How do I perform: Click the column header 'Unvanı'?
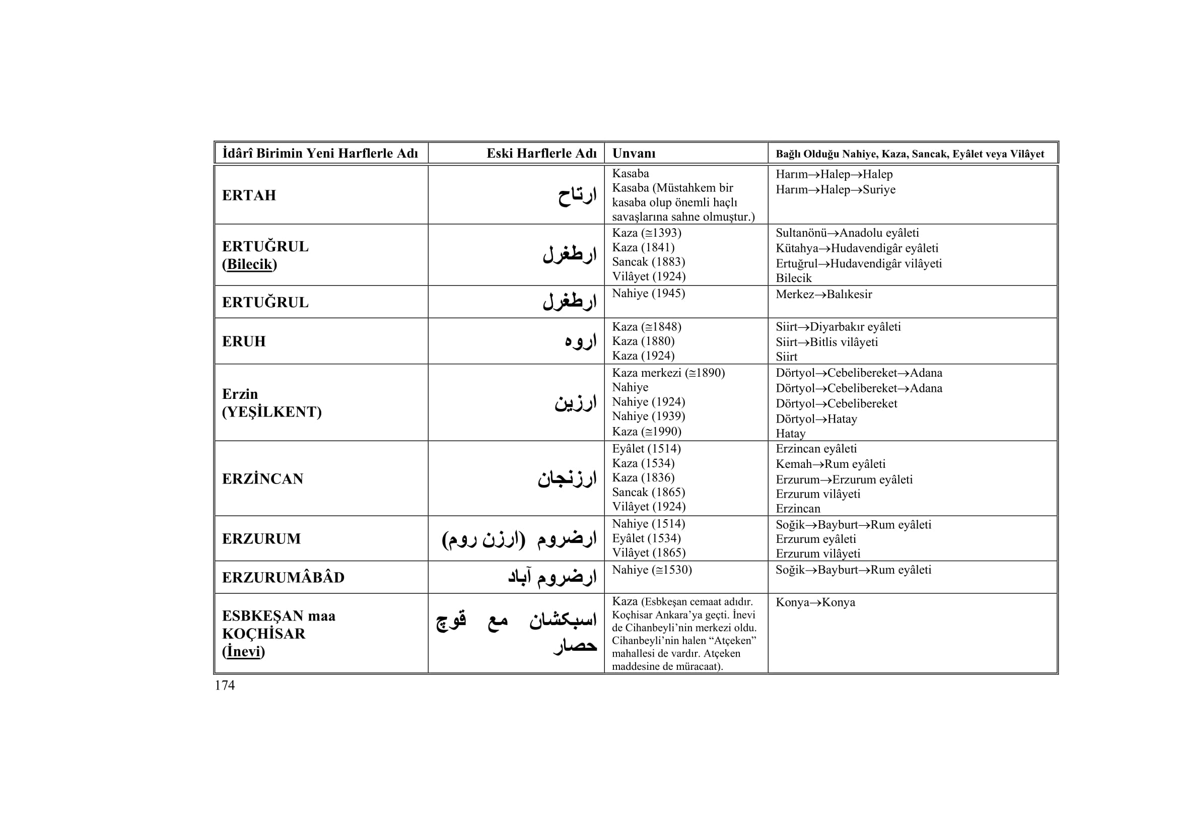click(x=634, y=154)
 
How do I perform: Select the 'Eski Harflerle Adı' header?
click(x=541, y=154)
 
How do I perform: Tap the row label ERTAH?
click(x=249, y=195)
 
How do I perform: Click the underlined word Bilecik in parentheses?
click(x=249, y=264)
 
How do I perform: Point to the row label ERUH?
click(x=244, y=341)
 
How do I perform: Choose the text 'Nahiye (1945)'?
click(x=649, y=294)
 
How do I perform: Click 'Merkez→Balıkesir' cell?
click(x=823, y=295)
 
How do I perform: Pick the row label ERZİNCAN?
click(x=263, y=479)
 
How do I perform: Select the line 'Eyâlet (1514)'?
click(x=646, y=449)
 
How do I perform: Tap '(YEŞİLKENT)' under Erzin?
click(x=271, y=412)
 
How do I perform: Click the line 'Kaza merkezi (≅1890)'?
click(x=668, y=373)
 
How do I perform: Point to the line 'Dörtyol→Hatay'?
click(x=816, y=419)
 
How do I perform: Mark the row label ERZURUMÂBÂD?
click(x=283, y=578)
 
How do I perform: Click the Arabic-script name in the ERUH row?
click(x=580, y=341)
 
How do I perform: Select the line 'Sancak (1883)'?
click(x=649, y=262)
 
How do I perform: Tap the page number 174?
click(x=225, y=686)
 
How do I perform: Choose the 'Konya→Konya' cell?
click(x=815, y=602)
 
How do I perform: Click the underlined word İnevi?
click(x=243, y=651)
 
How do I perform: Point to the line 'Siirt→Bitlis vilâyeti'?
click(x=826, y=342)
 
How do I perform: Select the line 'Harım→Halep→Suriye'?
click(x=835, y=190)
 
